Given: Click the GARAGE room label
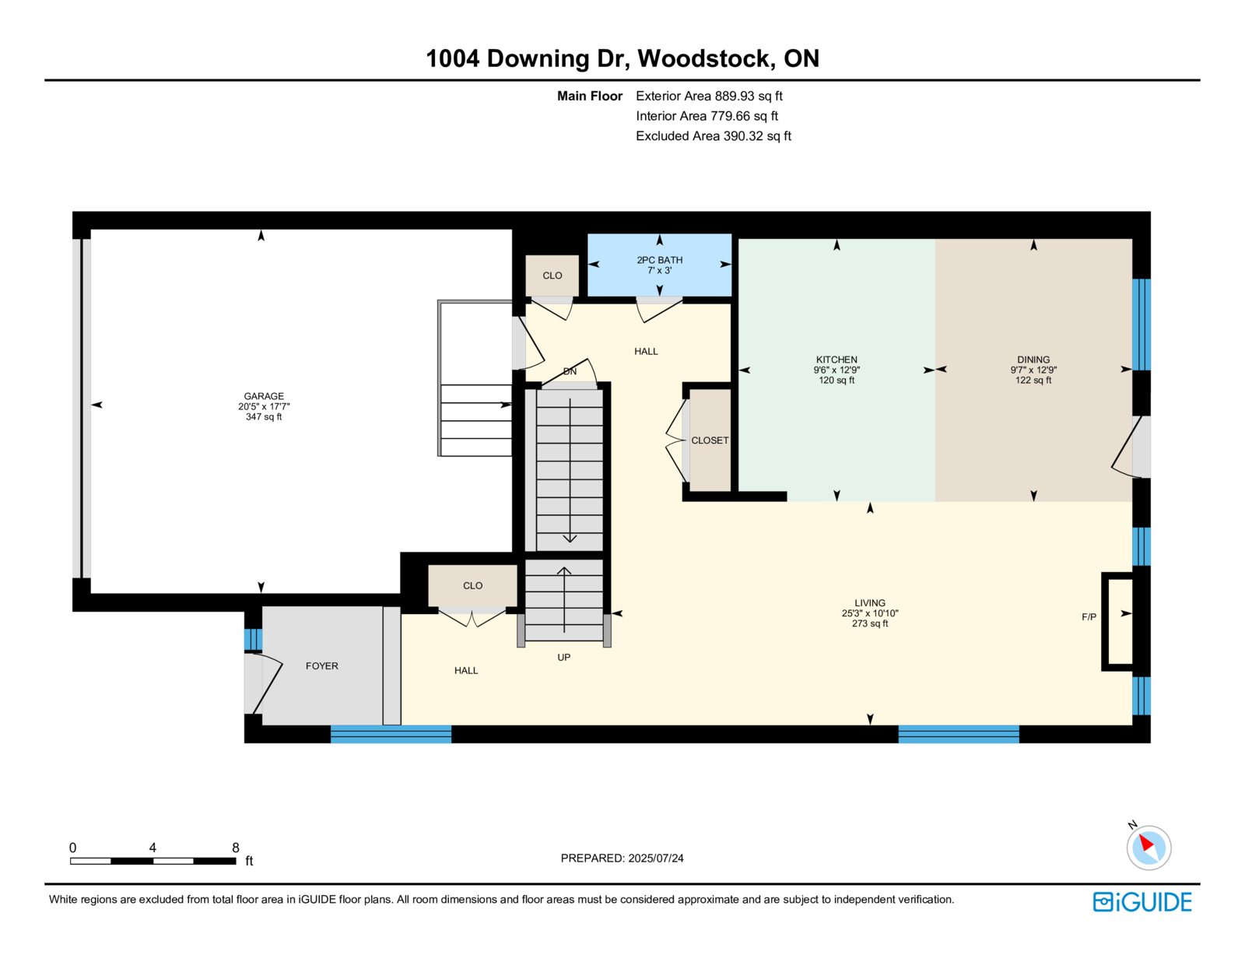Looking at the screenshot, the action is [x=264, y=396].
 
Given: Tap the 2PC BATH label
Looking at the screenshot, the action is [x=659, y=260].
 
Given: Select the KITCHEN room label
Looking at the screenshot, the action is [x=836, y=360].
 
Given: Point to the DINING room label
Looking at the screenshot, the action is [x=1033, y=360].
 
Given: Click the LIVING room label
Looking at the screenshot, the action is [x=870, y=602].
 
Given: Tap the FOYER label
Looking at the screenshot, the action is [x=321, y=665].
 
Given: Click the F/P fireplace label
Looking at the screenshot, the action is [x=1089, y=617].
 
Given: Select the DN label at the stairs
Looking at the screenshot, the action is [x=570, y=371].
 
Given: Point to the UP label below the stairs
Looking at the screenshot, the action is [x=564, y=657].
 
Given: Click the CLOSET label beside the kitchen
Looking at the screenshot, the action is [x=710, y=440].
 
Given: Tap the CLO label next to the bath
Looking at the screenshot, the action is [x=552, y=276].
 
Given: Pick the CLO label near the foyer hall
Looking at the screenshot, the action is [x=472, y=585].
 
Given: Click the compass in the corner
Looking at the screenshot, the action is [x=1149, y=848].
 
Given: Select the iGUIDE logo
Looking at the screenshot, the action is [x=1142, y=902].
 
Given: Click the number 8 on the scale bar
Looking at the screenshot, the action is [x=236, y=848].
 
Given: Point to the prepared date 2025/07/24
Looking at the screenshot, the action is [x=655, y=858].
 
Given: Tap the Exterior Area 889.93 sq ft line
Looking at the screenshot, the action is [x=709, y=97].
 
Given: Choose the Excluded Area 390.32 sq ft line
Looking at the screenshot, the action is [x=714, y=136].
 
